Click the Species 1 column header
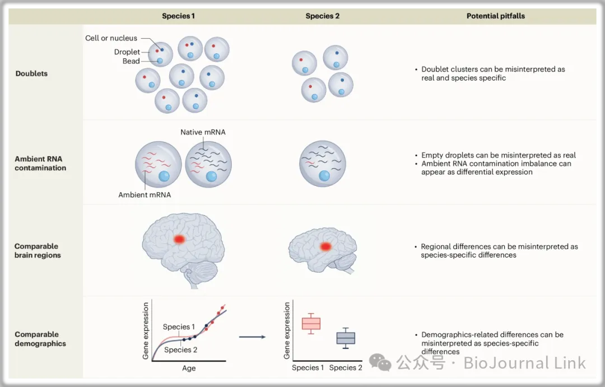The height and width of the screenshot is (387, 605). point(178,16)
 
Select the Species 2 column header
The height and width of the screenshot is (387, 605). point(322,16)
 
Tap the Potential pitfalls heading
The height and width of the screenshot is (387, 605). point(496,16)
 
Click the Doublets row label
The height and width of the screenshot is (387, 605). point(31,73)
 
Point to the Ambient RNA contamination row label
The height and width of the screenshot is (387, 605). point(40,163)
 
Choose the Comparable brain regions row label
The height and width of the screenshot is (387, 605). point(38,250)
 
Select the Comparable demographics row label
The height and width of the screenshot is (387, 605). point(40,339)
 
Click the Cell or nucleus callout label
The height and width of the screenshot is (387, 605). point(111,38)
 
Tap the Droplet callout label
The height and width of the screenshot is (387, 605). point(127,52)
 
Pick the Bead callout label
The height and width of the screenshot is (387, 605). point(131,61)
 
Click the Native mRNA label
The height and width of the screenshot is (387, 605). point(203,132)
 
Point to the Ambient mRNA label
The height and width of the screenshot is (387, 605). point(145,195)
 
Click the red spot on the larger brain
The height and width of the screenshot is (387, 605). point(179,239)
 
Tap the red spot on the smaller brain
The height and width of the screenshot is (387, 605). point(324,246)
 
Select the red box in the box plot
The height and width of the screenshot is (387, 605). point(311,324)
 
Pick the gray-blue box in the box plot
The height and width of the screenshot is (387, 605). point(346,338)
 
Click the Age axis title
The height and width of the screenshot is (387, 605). point(189,369)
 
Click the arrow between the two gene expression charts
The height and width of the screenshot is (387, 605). point(252,337)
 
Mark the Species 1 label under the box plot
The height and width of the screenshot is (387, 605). point(308,368)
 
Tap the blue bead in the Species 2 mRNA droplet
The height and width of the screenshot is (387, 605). point(325,176)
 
